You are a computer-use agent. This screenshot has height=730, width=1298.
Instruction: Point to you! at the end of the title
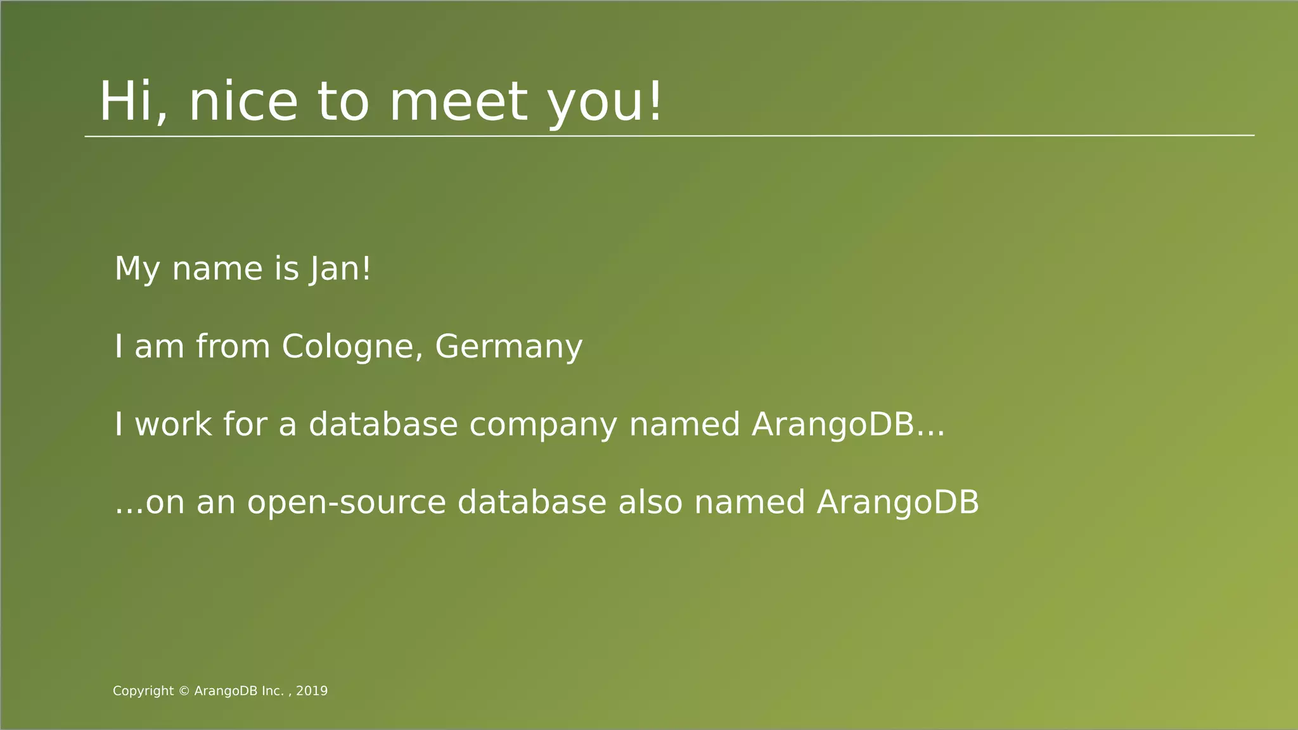(x=605, y=103)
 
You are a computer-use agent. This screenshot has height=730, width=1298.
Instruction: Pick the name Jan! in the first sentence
(x=340, y=269)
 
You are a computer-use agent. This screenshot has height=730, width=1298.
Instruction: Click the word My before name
(x=137, y=269)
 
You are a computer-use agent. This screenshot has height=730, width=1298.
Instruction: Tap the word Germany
(x=508, y=347)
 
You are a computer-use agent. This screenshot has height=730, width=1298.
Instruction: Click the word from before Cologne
(x=233, y=347)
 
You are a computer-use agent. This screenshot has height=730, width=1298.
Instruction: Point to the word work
(x=174, y=424)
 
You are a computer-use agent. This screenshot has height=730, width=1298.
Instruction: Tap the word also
(x=650, y=502)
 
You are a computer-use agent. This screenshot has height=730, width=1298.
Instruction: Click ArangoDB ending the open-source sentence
(x=897, y=503)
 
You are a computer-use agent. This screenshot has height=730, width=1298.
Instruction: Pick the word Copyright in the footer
(x=143, y=691)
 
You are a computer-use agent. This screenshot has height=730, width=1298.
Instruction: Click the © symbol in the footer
(x=184, y=691)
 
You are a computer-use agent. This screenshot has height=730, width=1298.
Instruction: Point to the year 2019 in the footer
(x=312, y=691)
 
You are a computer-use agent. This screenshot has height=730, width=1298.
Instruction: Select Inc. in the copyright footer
(x=274, y=691)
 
